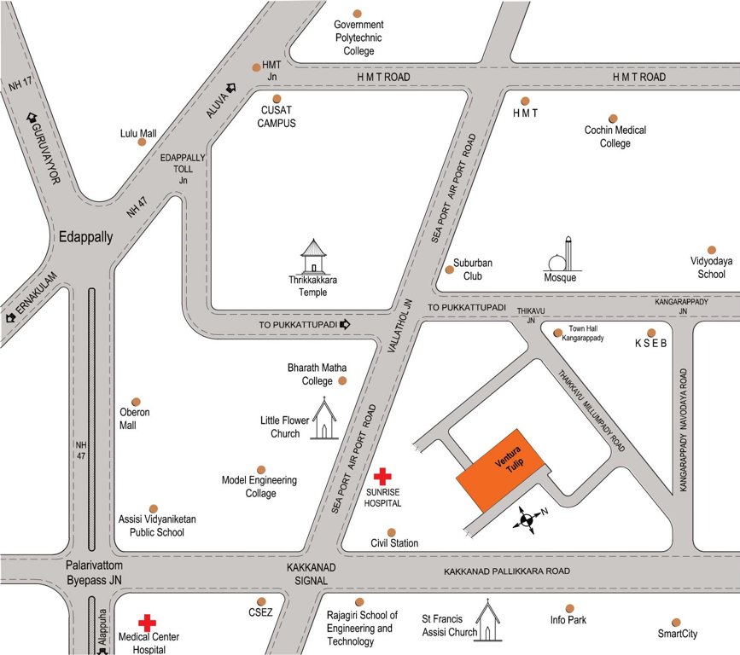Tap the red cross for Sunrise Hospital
[383, 476]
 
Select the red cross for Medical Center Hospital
[148, 623]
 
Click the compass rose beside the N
[526, 519]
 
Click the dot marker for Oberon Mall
[135, 401]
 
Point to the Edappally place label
[84, 237]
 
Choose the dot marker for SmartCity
[676, 622]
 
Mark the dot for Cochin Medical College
[613, 119]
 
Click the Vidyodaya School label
[708, 268]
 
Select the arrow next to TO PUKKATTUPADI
[346, 325]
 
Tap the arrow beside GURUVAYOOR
[33, 118]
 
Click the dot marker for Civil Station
[392, 531]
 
